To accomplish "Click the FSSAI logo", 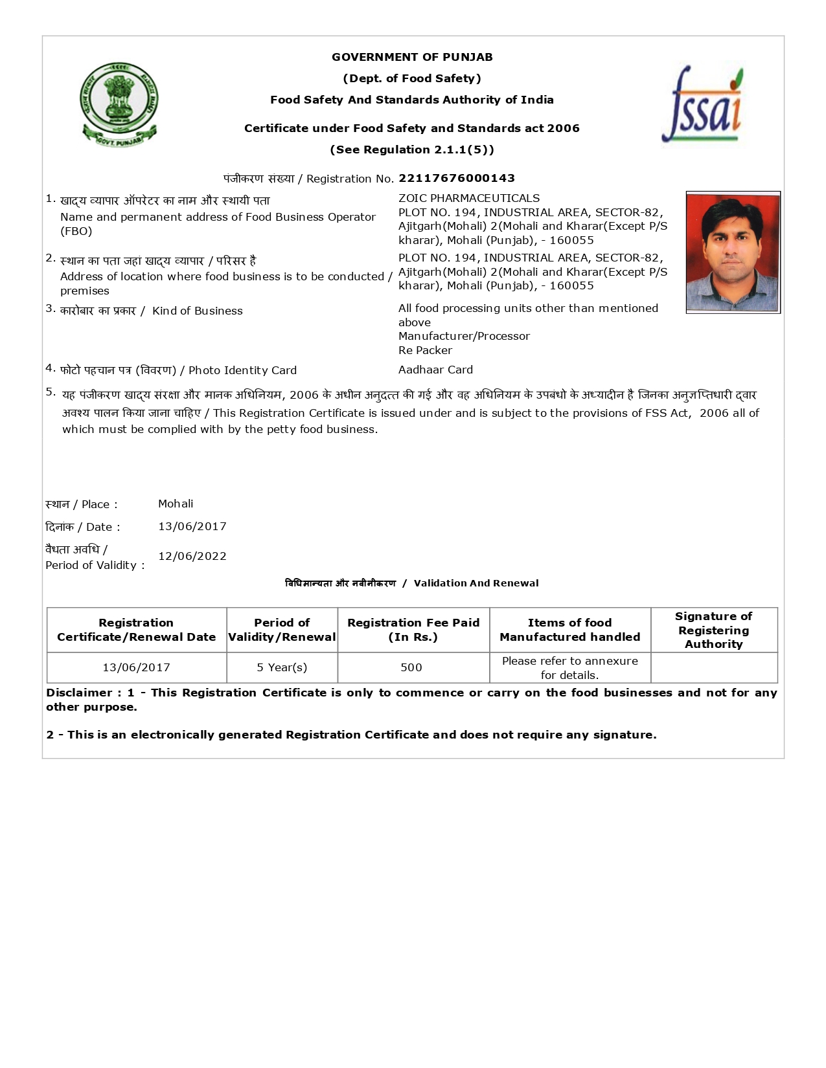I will [x=702, y=105].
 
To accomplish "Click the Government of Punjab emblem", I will [x=119, y=104].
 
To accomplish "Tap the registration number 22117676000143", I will [x=457, y=178].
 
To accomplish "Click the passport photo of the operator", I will [x=733, y=252].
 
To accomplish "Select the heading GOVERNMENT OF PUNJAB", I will [x=412, y=57].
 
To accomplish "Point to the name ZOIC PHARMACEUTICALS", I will [x=468, y=198].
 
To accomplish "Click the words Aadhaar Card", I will [x=435, y=370].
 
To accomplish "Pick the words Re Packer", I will [x=425, y=350].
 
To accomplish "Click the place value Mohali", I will [x=176, y=504].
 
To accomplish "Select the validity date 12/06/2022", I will [x=192, y=556].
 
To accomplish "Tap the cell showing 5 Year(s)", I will [x=282, y=667].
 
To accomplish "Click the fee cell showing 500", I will [x=411, y=667].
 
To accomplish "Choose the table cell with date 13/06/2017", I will [x=136, y=667].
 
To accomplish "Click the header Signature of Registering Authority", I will [x=713, y=630].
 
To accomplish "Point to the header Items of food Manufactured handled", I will [x=569, y=630].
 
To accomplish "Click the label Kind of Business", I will [x=197, y=311].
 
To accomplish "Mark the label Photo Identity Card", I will [x=242, y=370].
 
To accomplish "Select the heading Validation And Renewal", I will [x=476, y=583].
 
